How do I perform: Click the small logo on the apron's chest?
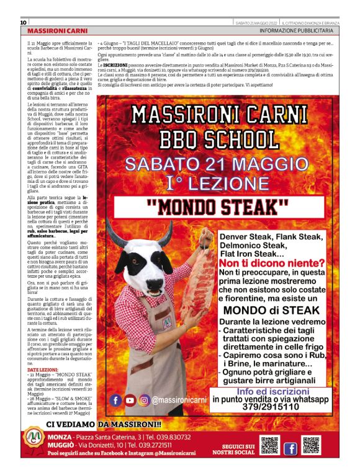click(166, 322)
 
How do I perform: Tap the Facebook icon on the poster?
click(115, 401)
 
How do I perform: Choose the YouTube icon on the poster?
click(130, 401)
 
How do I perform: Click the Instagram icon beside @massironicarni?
click(144, 401)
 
